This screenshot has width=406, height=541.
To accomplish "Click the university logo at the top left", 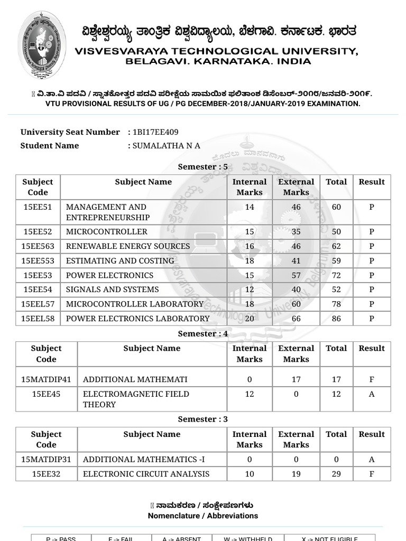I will pyautogui.click(x=42, y=44).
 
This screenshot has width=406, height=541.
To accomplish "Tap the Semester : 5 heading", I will pyautogui.click(x=203, y=166).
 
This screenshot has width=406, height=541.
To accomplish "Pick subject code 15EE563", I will pyautogui.click(x=38, y=246).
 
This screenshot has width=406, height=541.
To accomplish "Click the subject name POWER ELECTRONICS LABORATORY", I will pyautogui.click(x=137, y=319).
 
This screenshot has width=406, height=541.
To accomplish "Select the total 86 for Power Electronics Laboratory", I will pyautogui.click(x=336, y=319).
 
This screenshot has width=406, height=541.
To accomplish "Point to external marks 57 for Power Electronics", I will pyautogui.click(x=296, y=275).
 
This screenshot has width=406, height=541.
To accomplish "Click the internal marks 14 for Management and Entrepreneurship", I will pyautogui.click(x=250, y=207).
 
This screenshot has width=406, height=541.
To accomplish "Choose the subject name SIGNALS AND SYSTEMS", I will pyautogui.click(x=112, y=290).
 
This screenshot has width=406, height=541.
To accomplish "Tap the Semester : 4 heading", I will pyautogui.click(x=203, y=334).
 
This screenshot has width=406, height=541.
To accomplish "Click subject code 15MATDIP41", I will pyautogui.click(x=46, y=379).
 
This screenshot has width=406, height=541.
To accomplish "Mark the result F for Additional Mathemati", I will pyautogui.click(x=372, y=379).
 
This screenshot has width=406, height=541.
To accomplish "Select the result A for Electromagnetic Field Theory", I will pyautogui.click(x=372, y=394).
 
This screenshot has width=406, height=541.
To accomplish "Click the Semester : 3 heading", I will pyautogui.click(x=203, y=419).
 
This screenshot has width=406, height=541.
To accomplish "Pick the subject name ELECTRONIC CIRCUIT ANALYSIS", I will pyautogui.click(x=146, y=474).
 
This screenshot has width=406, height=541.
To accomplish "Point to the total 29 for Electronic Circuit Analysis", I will pyautogui.click(x=336, y=474).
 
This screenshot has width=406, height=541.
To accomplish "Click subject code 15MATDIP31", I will pyautogui.click(x=46, y=459).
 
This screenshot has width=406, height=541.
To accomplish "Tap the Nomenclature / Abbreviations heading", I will pyautogui.click(x=203, y=516).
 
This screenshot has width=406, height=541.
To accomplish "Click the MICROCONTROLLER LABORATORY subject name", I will pyautogui.click(x=134, y=304).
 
